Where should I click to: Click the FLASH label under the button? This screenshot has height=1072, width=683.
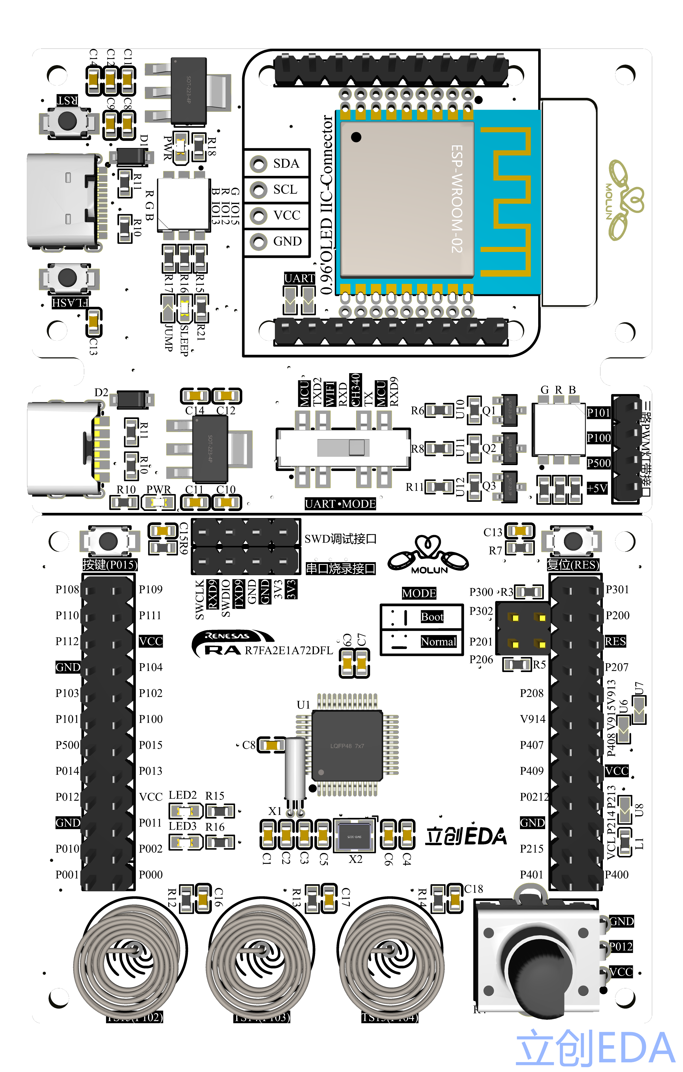pos(70,303)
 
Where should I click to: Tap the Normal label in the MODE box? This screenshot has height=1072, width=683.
pos(438,641)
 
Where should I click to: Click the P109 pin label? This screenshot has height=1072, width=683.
pos(150,589)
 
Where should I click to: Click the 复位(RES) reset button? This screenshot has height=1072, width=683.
pos(573,541)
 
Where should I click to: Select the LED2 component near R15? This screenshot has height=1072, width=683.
pos(184,811)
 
